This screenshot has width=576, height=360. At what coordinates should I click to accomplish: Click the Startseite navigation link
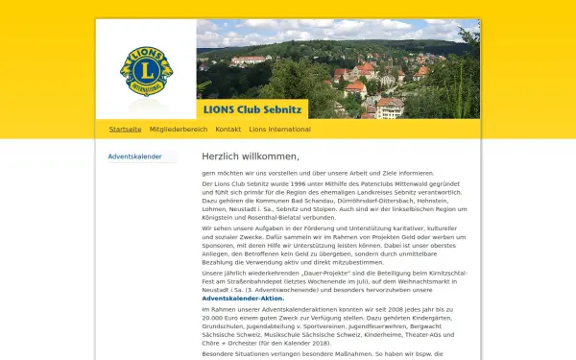[x=125, y=129]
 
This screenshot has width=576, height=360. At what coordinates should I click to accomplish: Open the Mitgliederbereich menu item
[x=179, y=129]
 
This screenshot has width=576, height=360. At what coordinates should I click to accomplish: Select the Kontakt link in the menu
[x=228, y=129]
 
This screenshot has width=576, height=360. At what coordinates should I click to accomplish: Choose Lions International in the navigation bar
[x=275, y=129]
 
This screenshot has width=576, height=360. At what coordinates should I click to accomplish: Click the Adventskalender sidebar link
[x=134, y=156]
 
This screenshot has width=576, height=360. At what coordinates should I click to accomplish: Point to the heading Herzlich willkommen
[x=251, y=156]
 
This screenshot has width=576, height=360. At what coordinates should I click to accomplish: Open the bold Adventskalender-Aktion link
[x=243, y=298]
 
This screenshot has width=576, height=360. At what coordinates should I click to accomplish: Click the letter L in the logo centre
[x=146, y=71]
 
